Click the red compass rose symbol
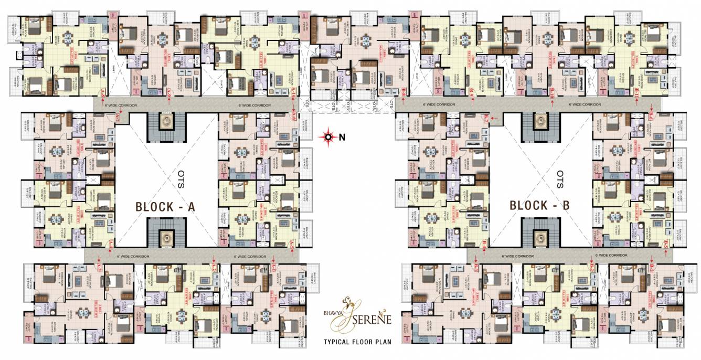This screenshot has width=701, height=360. [x=329, y=137]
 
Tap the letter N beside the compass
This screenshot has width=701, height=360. [x=342, y=137]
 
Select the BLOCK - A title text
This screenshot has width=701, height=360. [x=165, y=206]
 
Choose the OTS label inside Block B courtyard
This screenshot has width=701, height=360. [x=560, y=180]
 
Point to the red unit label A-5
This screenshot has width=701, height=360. [x=292, y=244]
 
